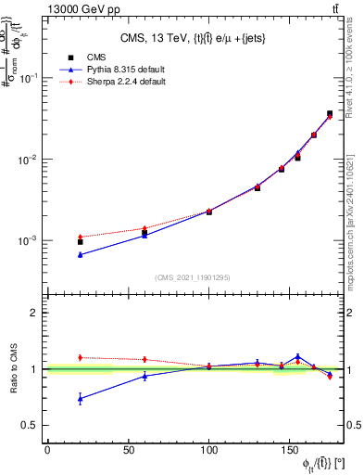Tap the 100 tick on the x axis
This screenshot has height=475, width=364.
(208, 450)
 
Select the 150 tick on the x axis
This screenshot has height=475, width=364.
(290, 450)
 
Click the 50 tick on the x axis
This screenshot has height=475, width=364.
(128, 450)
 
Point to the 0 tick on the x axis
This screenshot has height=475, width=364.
(47, 450)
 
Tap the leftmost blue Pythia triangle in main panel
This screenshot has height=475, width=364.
(81, 254)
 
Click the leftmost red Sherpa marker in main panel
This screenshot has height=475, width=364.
(81, 237)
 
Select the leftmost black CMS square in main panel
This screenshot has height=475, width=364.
(81, 241)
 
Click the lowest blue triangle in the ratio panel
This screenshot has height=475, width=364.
(81, 399)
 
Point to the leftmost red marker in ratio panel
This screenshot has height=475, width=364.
(81, 357)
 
